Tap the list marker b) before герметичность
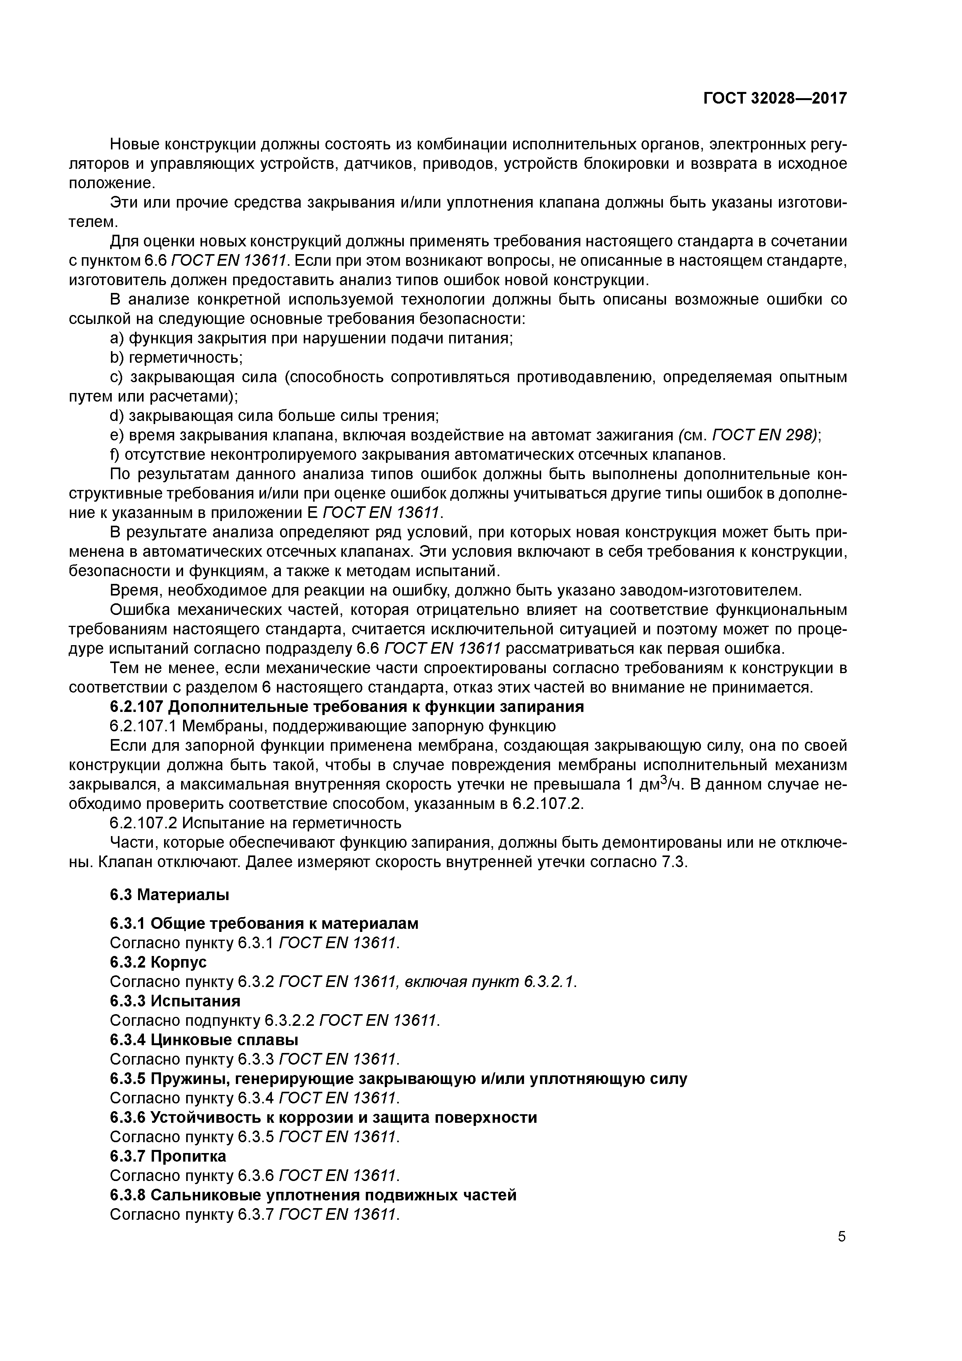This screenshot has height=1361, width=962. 117,358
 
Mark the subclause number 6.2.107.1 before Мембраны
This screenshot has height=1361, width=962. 144,727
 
